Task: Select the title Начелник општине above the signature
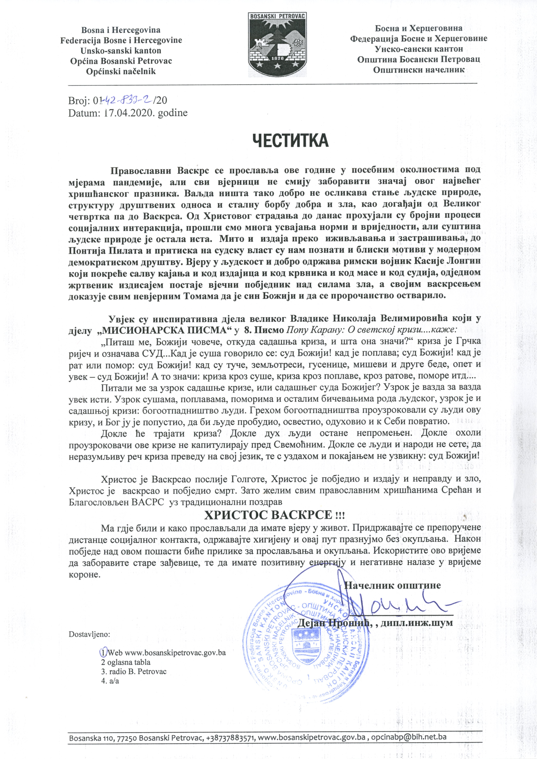point(393,585)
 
